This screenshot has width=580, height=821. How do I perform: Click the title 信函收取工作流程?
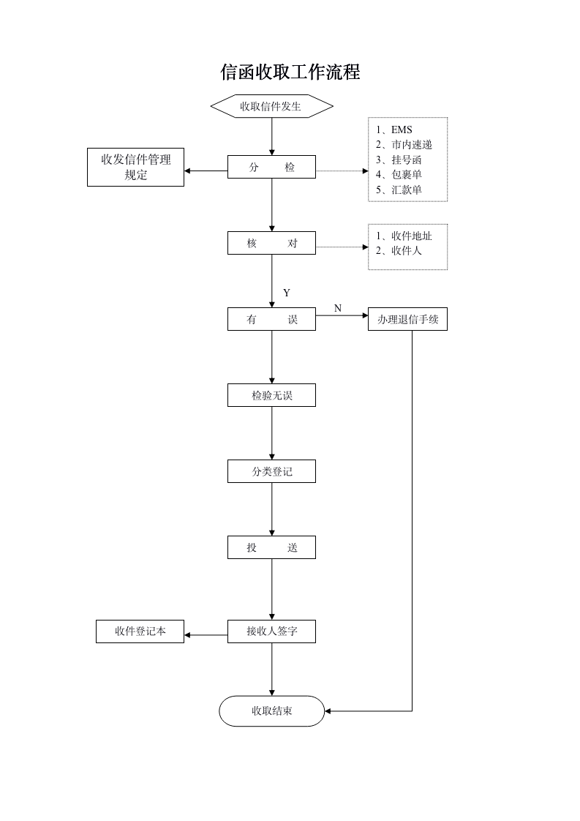click(x=290, y=72)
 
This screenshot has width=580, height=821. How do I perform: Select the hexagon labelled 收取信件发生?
click(x=271, y=106)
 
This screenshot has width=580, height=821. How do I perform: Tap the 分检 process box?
click(x=271, y=167)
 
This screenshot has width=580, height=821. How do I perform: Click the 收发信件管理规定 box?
click(x=136, y=167)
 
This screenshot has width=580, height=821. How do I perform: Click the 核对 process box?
click(x=271, y=244)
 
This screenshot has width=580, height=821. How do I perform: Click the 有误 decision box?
click(x=271, y=320)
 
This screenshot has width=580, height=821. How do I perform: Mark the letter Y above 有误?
click(x=287, y=293)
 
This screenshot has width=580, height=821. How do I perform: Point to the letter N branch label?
click(x=338, y=308)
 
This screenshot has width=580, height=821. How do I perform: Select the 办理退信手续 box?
click(x=407, y=320)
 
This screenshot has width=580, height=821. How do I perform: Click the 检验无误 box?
click(x=271, y=396)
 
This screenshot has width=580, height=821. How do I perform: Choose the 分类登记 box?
click(x=271, y=472)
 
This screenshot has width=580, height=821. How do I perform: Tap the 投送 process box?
click(x=271, y=548)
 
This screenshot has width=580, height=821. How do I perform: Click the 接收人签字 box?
click(x=271, y=631)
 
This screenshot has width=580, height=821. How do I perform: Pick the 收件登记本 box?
click(x=140, y=631)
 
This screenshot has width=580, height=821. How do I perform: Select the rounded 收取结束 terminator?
click(x=271, y=711)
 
